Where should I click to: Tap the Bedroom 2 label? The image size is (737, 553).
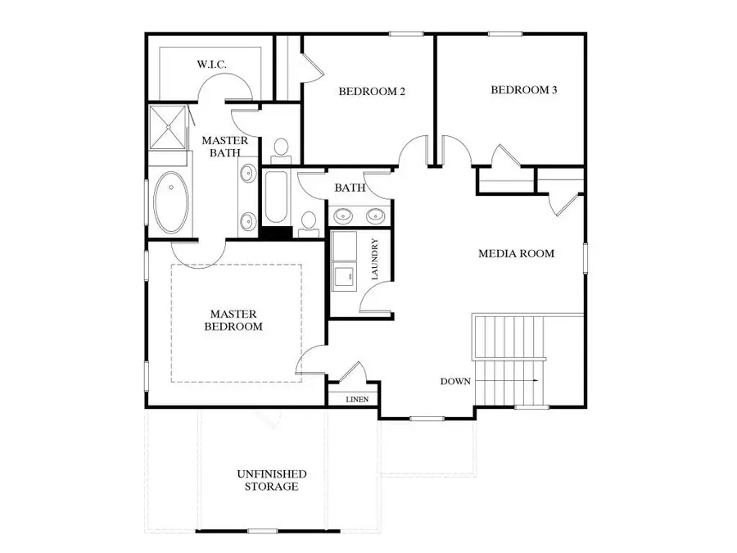click(x=372, y=92)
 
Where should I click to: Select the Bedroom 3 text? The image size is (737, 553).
click(x=524, y=90)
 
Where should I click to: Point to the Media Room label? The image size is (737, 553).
click(x=516, y=254)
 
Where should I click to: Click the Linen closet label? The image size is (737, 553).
click(x=358, y=400)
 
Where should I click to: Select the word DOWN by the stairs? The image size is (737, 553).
click(x=454, y=382)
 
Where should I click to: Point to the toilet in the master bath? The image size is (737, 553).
click(x=281, y=149)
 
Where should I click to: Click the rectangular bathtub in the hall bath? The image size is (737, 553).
click(x=276, y=198)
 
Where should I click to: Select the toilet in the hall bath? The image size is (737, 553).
click(x=309, y=221)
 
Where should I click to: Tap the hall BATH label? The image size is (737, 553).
click(x=349, y=188)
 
